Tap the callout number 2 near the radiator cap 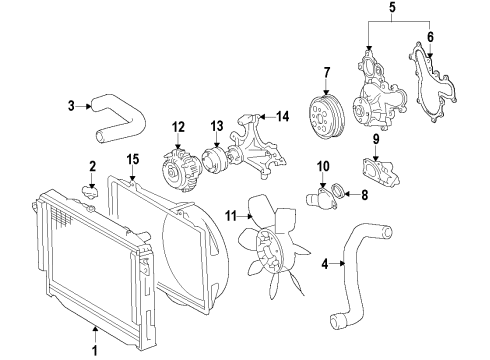(x=92, y=166)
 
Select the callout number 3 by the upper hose (x=71, y=106)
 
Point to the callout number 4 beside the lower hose (x=324, y=265)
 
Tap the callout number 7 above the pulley (x=326, y=71)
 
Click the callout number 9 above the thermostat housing (x=378, y=138)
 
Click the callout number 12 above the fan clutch (x=179, y=126)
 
